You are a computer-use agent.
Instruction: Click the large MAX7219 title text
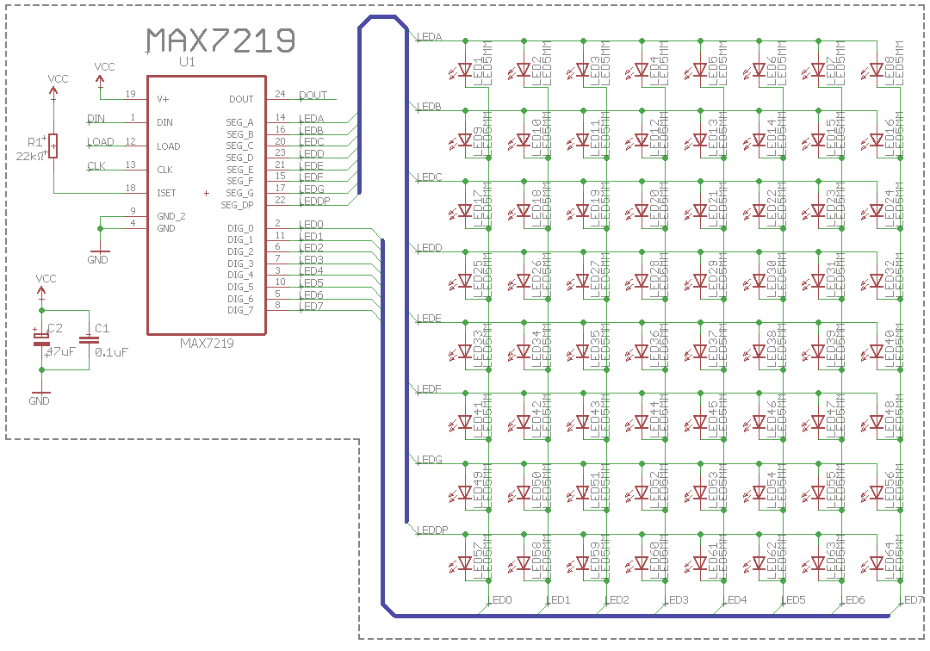[x=220, y=40]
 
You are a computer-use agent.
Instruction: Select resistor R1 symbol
[x=53, y=146]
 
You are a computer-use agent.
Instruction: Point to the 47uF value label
[x=60, y=351]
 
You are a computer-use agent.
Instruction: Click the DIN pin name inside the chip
[x=164, y=122]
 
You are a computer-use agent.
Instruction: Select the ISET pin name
[x=167, y=193]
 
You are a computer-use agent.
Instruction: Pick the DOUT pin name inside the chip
[x=241, y=99]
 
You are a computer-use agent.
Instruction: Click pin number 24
[x=280, y=94]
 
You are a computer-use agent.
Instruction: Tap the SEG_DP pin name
[x=238, y=205]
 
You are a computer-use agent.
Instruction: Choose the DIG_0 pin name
[x=240, y=227]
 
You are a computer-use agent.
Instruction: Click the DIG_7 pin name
[x=240, y=310]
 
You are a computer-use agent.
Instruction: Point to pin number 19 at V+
[x=130, y=94]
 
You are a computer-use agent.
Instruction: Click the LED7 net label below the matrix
[x=913, y=599]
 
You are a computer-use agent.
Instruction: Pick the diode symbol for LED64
[x=876, y=562]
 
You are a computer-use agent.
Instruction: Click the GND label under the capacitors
[x=40, y=401]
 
